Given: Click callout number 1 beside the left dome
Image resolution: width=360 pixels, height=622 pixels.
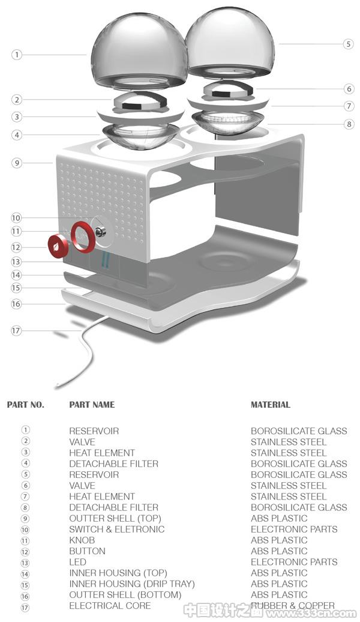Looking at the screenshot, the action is pos(17,55).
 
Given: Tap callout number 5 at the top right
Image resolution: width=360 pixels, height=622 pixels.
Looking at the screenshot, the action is pos(348,44).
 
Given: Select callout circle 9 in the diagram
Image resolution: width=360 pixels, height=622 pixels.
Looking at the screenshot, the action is pos(17,163).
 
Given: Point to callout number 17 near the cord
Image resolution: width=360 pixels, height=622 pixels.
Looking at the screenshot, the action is pos(16,330).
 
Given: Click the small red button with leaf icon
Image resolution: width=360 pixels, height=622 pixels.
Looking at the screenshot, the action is pos(58,246).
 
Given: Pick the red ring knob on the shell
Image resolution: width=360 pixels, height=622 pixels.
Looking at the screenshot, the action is pos(83,237).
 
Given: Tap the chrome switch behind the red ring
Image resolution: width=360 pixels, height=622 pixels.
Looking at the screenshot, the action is pos(101,230).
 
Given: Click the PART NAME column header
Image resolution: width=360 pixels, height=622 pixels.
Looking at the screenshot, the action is pos(92,405).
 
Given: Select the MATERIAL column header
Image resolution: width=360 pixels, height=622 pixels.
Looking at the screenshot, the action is pos(271,405).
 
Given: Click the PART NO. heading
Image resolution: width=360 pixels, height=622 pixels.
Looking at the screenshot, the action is pos(26,405).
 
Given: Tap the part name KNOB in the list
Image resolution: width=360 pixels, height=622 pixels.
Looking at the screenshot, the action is pos(82,540).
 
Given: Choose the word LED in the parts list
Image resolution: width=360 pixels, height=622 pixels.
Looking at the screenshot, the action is pos(78,562).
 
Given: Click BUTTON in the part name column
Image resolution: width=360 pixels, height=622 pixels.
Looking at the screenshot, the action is pos(87,551).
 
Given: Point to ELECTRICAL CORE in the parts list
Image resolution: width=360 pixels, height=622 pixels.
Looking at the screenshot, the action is pos(110,606).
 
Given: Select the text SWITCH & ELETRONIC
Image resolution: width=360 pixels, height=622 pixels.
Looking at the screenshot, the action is pos(116,529).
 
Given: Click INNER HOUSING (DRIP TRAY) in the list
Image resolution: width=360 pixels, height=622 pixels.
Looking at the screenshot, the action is pos(132,584).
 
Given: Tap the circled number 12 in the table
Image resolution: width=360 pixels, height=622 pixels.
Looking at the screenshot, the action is pos(25,551).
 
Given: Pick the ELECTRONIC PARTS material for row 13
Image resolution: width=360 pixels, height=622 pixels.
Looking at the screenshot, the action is pos(294,562).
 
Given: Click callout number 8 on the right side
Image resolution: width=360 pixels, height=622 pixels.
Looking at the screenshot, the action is pos(349,124).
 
